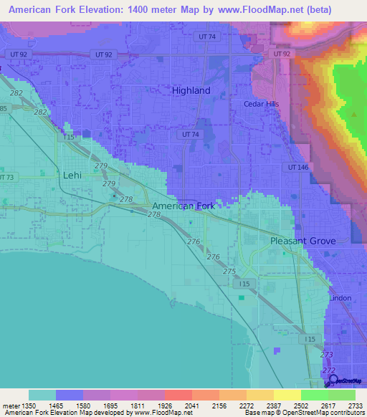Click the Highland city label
[x=191, y=91]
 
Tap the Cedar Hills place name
[x=260, y=104]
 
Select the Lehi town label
[x=73, y=175]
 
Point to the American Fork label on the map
[x=183, y=206]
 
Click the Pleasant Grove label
[x=302, y=241]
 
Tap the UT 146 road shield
[x=297, y=167]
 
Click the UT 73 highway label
[x=6, y=177]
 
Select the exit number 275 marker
[x=229, y=272]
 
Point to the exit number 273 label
[x=327, y=355]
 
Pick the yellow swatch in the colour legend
[x=287, y=395]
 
